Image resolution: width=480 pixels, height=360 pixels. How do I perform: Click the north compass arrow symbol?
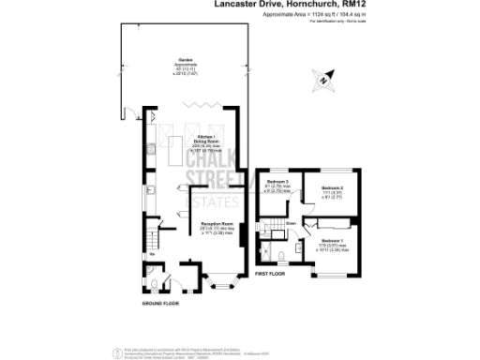pyautogui.click(x=322, y=82)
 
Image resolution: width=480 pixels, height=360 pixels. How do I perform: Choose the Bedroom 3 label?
pyautogui.click(x=276, y=181)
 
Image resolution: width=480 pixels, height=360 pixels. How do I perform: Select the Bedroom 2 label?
pyautogui.click(x=332, y=189)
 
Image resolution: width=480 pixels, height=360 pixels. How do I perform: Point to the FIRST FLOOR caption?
pyautogui.click(x=270, y=273)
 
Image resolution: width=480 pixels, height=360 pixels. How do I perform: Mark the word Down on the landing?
pyautogui.click(x=292, y=223)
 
